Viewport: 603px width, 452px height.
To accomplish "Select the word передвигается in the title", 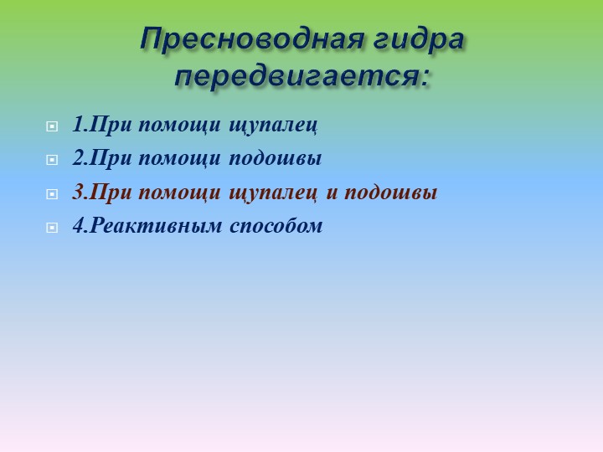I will [295, 75].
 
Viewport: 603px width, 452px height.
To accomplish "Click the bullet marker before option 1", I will [51, 127].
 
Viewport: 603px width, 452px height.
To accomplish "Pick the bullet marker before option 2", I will [51, 160].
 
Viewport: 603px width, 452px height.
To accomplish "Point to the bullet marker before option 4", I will [51, 227].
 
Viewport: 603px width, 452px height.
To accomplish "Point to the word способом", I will [276, 227].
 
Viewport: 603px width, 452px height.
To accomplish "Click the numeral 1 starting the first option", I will [77, 126].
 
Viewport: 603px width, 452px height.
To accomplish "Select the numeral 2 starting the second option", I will [77, 158].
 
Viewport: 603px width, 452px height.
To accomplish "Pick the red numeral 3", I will [77, 193].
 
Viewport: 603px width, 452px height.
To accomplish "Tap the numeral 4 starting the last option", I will [77, 226].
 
